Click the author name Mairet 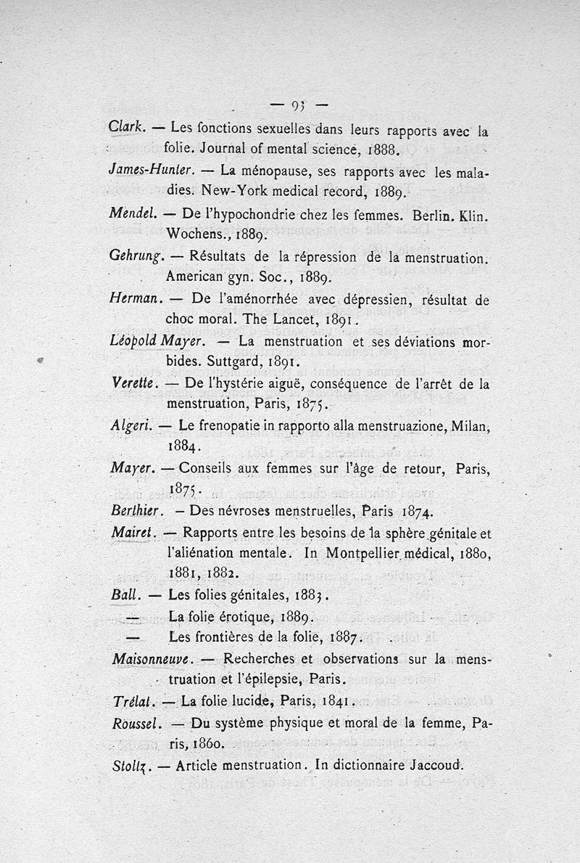click(130, 532)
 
